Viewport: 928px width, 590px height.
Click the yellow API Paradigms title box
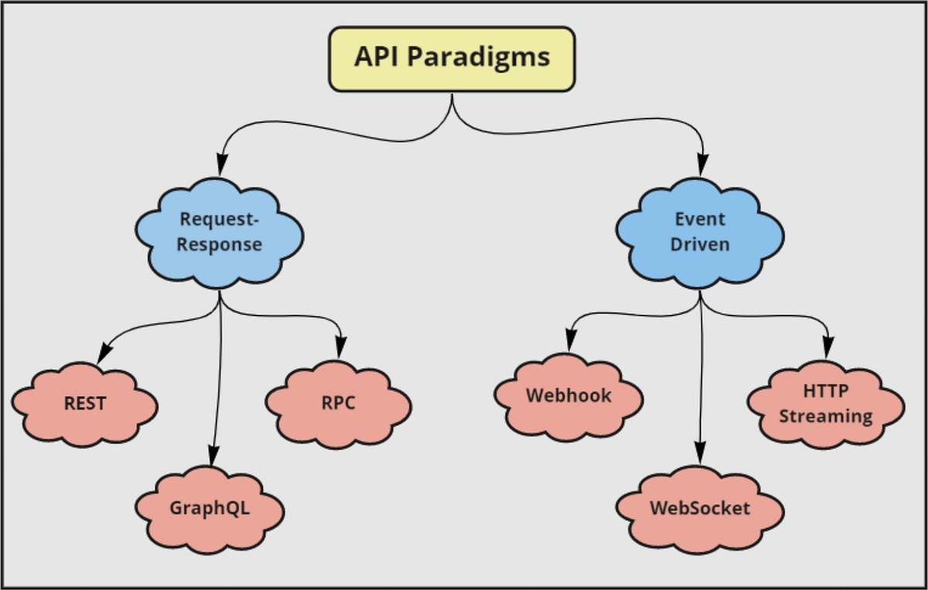[x=452, y=59]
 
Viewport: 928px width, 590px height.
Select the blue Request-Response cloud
[x=220, y=233]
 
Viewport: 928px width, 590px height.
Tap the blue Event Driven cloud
[x=701, y=232]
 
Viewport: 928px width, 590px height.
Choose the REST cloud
[x=85, y=404]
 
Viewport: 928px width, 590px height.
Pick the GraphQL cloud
[x=210, y=509]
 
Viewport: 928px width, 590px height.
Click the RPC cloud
[x=338, y=403]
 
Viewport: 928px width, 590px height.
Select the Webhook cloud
[x=568, y=396]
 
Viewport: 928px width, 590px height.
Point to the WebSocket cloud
[x=700, y=508]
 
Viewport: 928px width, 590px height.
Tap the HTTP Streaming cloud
[x=825, y=404]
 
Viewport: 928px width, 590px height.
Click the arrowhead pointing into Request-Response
[x=222, y=164]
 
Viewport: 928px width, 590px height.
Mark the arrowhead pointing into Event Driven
[x=703, y=164]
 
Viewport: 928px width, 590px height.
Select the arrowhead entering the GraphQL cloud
[x=211, y=455]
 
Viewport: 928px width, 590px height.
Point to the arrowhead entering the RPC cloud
[x=339, y=350]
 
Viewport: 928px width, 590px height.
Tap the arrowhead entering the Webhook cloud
[x=570, y=340]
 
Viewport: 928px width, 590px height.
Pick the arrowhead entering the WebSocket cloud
[x=700, y=454]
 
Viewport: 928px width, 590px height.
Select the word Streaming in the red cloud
[x=825, y=416]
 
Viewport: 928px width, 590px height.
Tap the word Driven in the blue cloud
[x=700, y=244]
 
